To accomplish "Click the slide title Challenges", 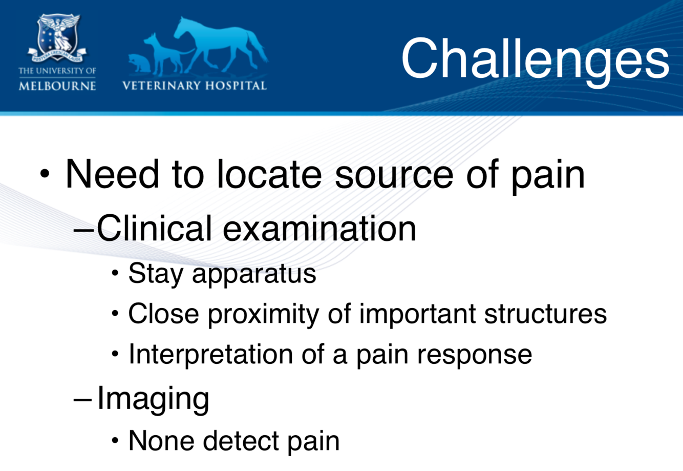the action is (535, 60).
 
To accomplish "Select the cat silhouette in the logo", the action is (139, 63).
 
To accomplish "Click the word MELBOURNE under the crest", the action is (57, 86).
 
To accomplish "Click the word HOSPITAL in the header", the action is (237, 86).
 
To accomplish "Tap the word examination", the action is (319, 229).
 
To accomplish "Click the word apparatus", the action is (254, 275).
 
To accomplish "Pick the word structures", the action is (545, 314).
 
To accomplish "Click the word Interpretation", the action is (211, 355).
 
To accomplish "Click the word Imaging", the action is (153, 399).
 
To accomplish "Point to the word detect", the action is (241, 441).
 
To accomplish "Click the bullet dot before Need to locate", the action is (45, 174).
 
